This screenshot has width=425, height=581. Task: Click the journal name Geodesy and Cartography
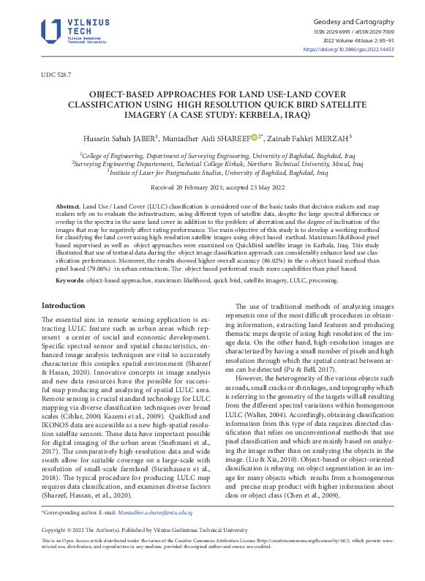(x=353, y=23)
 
